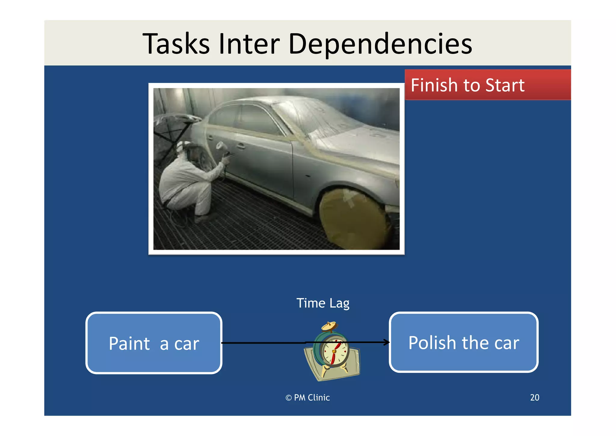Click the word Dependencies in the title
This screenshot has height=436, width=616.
point(380,45)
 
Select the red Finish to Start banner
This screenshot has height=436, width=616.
point(487,85)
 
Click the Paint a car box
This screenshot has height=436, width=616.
point(154,343)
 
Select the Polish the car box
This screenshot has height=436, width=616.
point(464,343)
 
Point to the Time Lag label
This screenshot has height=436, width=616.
point(323,303)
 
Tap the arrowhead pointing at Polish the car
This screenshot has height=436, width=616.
point(387,342)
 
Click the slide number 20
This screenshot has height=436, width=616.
point(534,397)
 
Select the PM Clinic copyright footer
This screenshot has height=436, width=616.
point(307,398)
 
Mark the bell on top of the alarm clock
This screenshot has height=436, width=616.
point(329,326)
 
